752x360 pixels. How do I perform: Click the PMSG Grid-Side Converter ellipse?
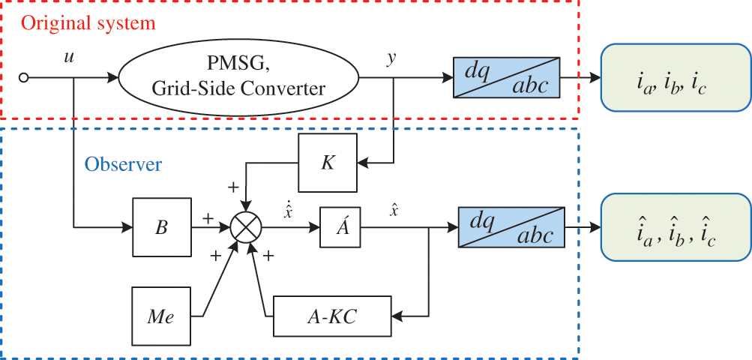tap(238, 77)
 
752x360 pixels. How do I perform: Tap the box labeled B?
tap(161, 226)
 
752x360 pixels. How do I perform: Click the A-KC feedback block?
tap(333, 316)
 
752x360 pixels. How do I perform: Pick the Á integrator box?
tap(340, 226)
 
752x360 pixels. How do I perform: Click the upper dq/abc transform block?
tap(508, 76)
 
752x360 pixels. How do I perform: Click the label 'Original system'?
tap(88, 22)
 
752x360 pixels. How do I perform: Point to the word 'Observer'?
tap(123, 163)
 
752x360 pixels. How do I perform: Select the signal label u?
tap(69, 57)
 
